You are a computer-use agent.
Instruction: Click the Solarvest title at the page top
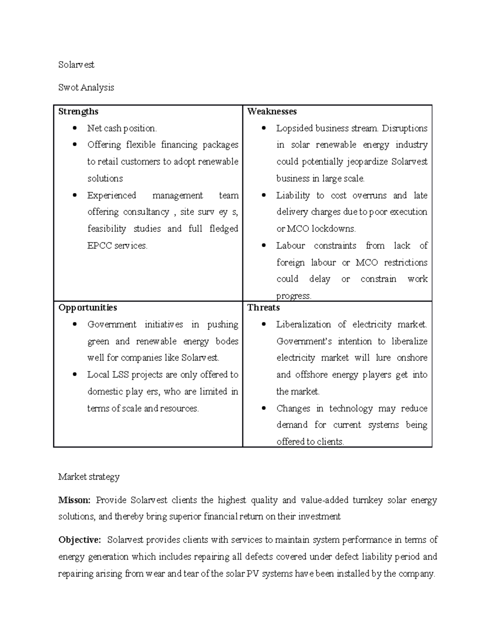point(76,64)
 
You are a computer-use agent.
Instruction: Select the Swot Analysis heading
point(86,88)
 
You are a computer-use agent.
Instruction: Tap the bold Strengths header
point(78,112)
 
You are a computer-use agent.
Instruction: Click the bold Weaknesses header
point(272,112)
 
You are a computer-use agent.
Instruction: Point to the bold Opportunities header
point(87,308)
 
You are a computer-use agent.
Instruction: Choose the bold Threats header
point(263,308)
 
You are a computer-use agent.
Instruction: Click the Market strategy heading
point(89,477)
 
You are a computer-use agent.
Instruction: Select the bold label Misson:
point(74,500)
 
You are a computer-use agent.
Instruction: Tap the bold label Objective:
point(79,540)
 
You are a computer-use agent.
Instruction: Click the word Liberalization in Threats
point(303,325)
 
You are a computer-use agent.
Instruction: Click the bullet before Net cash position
point(74,128)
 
